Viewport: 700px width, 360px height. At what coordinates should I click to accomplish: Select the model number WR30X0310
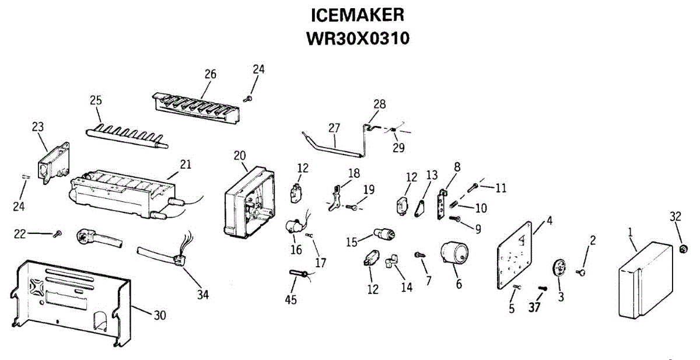coord(358,38)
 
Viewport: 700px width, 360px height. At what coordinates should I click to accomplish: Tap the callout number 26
coord(210,74)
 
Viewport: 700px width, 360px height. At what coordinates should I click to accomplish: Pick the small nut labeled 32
coord(684,249)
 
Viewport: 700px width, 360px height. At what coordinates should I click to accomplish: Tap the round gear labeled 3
coord(559,271)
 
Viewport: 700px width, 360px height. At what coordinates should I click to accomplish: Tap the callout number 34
coord(202,295)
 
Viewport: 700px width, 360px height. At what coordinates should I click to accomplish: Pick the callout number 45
coord(290,300)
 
